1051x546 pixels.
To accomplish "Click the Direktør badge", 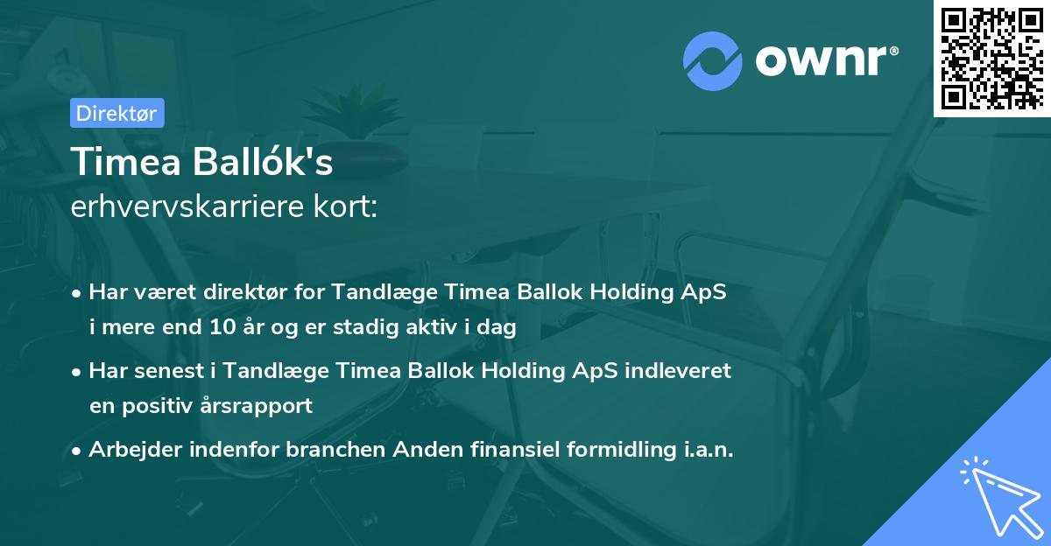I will pyautogui.click(x=116, y=113).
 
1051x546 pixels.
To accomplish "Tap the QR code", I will pyautogui.click(x=991, y=58).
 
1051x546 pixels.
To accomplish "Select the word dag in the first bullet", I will pyautogui.click(x=497, y=328).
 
